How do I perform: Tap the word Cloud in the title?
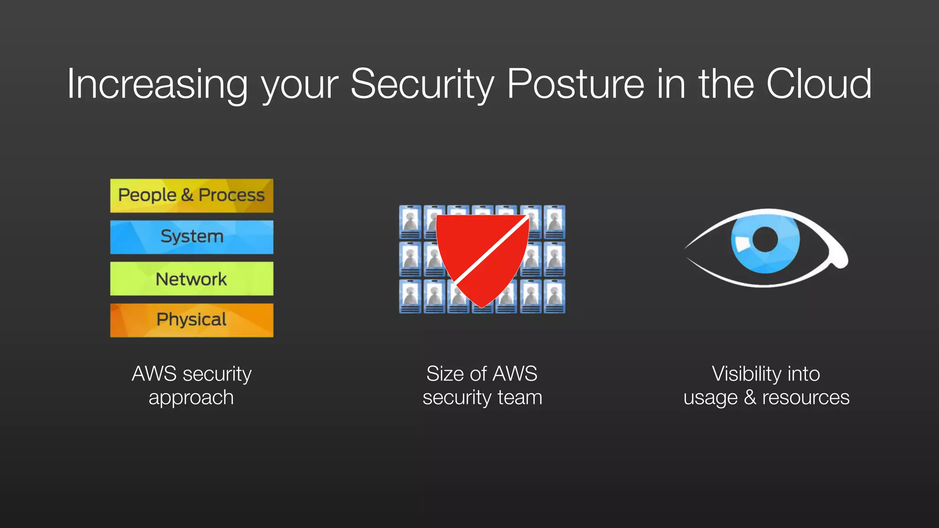[819, 84]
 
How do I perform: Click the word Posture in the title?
[575, 84]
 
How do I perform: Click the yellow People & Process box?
[192, 196]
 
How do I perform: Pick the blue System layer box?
[192, 237]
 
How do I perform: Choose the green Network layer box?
[192, 279]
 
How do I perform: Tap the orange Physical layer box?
[192, 320]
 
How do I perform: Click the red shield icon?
[472, 243]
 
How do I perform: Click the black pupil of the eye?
[765, 239]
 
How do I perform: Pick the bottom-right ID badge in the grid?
[554, 297]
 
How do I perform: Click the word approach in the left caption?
[191, 398]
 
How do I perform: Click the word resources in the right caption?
[806, 397]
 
